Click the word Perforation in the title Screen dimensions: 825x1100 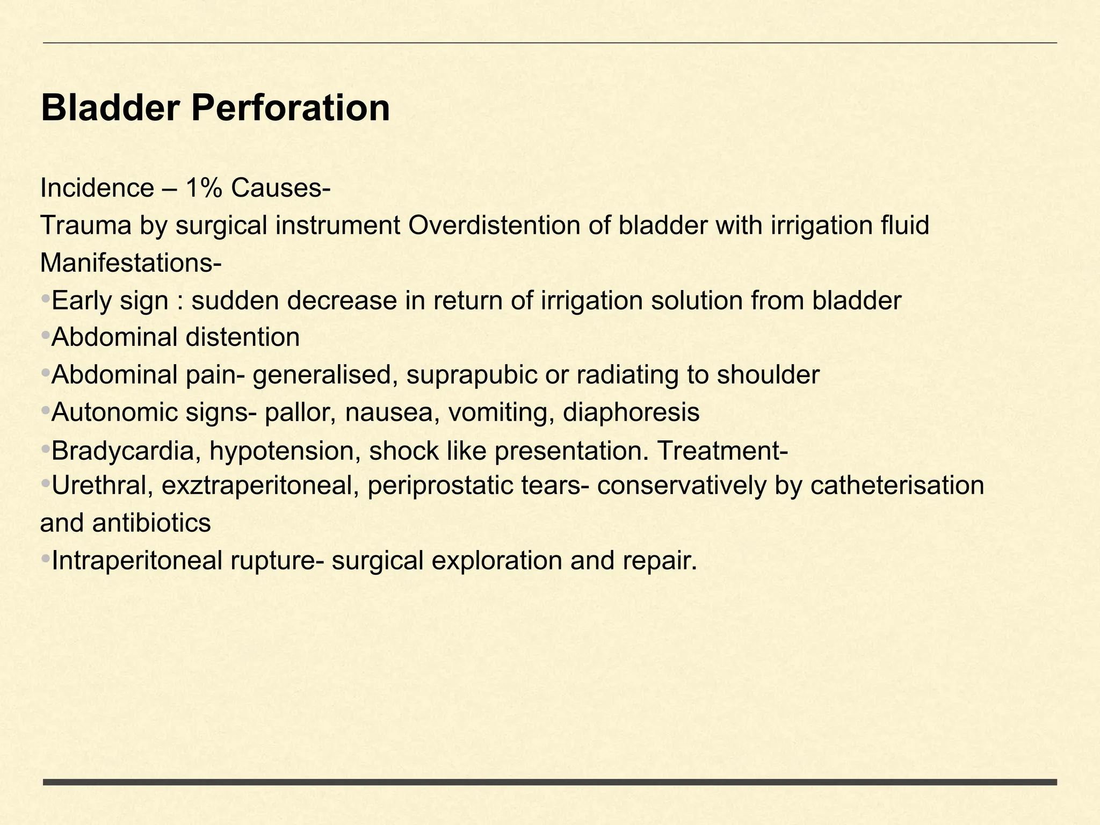[x=290, y=108]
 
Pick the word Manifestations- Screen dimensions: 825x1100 [x=131, y=263]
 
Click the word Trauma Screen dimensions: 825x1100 [x=86, y=226]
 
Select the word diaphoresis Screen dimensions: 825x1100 [x=631, y=412]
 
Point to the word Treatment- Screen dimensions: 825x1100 [x=722, y=451]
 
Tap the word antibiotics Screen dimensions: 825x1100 [x=151, y=523]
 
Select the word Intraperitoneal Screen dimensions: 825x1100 [x=137, y=561]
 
